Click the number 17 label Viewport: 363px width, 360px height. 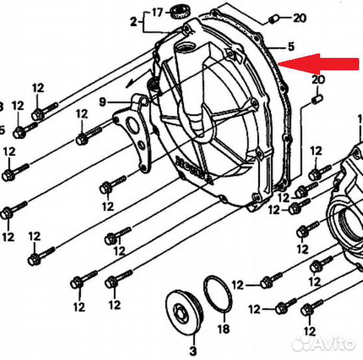(157, 12)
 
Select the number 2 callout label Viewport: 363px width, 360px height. (133, 22)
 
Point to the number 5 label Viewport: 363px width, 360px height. (290, 47)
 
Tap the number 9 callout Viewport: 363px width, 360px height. (103, 101)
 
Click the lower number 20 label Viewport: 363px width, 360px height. (318, 80)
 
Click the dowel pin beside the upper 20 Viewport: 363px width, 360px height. (274, 17)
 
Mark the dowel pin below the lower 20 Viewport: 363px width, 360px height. (317, 99)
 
